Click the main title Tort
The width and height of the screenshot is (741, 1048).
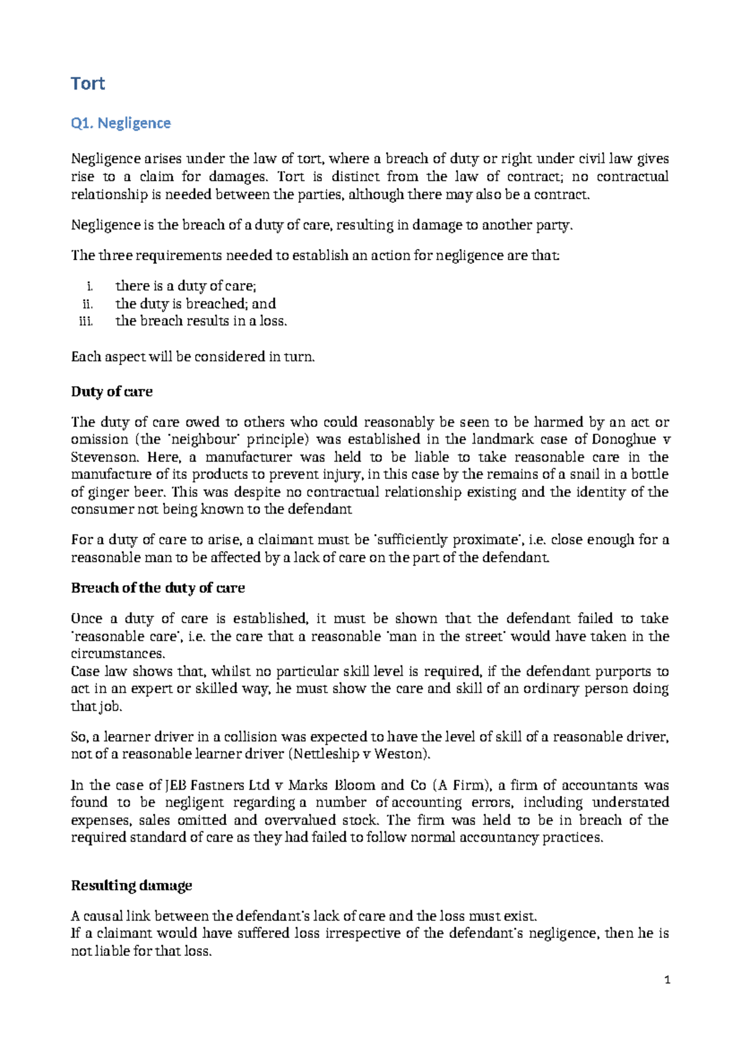pyautogui.click(x=88, y=83)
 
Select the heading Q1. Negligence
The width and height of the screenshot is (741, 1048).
pyautogui.click(x=120, y=123)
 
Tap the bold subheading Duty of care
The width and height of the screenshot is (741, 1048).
pyautogui.click(x=112, y=392)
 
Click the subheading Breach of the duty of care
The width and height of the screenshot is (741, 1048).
pyautogui.click(x=157, y=588)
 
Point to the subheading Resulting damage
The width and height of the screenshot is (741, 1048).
pyautogui.click(x=132, y=885)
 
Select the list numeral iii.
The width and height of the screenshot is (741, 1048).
pyautogui.click(x=86, y=321)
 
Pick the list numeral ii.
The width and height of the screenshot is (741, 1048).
pyautogui.click(x=87, y=304)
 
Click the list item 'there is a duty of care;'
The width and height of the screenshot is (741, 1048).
pyautogui.click(x=185, y=286)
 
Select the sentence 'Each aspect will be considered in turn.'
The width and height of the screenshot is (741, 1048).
pyautogui.click(x=193, y=357)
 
